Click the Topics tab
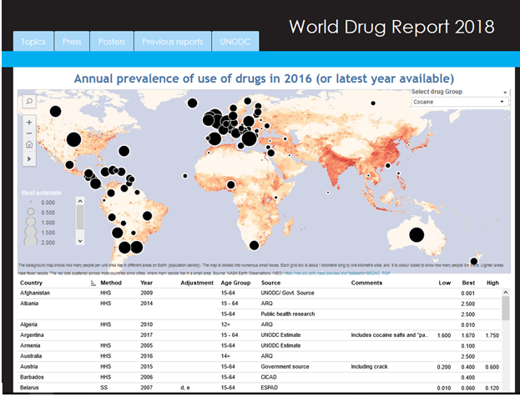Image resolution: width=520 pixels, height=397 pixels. pyautogui.click(x=33, y=42)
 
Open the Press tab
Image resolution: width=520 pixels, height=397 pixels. pyautogui.click(x=71, y=42)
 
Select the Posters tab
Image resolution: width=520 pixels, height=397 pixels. pyautogui.click(x=112, y=42)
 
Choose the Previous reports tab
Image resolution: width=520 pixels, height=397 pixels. pyautogui.click(x=172, y=42)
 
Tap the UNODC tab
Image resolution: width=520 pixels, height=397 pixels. pyautogui.click(x=235, y=42)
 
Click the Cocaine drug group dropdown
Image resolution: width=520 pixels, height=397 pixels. pyautogui.click(x=460, y=102)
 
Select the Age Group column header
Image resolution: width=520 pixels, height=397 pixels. pyautogui.click(x=236, y=284)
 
